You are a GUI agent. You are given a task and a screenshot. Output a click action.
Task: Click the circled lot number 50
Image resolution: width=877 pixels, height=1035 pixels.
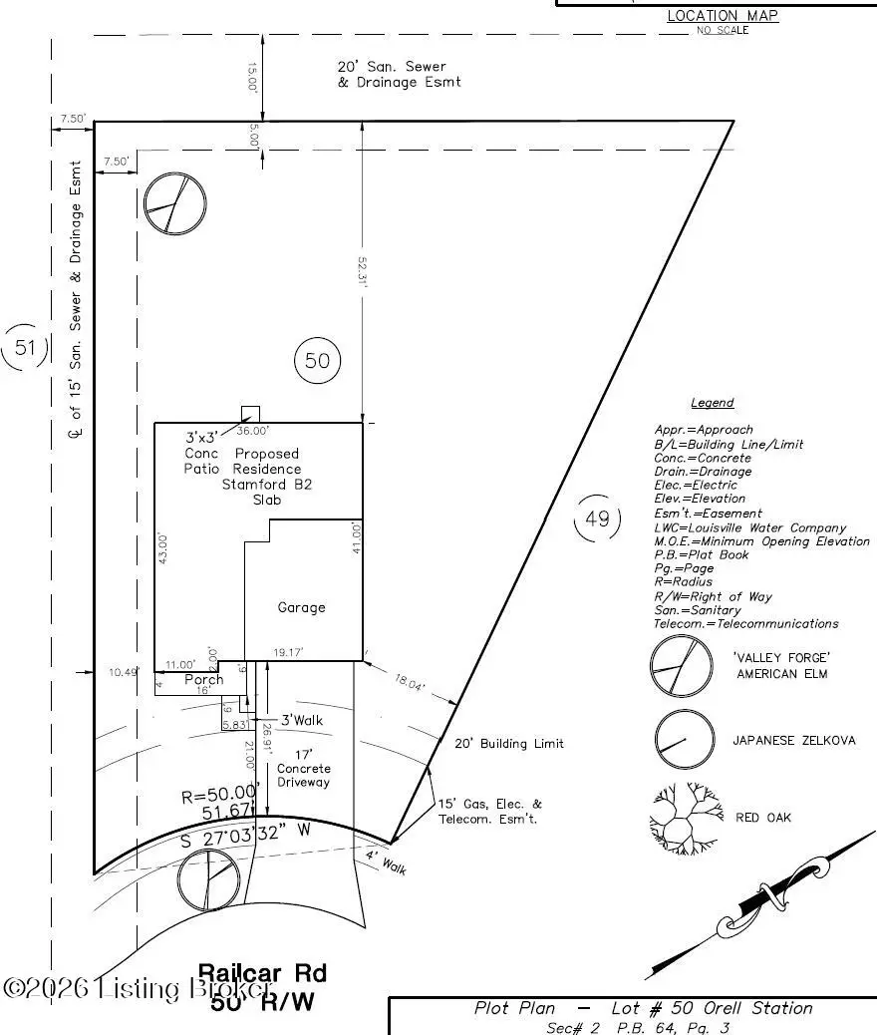pos(317,360)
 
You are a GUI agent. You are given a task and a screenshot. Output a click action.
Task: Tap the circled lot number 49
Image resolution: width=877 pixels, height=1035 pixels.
pos(597,518)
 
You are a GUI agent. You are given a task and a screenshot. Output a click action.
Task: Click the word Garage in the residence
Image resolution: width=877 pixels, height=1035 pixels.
pos(301,607)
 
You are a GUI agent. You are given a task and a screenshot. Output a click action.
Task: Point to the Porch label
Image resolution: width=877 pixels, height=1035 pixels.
pos(204,680)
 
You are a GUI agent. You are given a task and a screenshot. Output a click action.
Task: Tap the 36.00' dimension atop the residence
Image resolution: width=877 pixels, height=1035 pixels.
pos(252,431)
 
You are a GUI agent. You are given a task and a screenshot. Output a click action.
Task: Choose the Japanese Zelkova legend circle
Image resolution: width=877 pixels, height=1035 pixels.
pos(685,740)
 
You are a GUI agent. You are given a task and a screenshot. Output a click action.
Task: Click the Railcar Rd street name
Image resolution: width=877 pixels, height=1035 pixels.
pos(262,972)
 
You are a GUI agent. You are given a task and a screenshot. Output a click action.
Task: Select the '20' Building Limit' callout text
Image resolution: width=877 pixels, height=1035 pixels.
pos(508,744)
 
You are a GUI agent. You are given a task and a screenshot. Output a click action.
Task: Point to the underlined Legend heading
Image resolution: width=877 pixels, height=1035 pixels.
pos(712,403)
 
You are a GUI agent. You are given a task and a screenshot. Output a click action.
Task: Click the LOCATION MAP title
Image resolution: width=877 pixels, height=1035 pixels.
pos(722,15)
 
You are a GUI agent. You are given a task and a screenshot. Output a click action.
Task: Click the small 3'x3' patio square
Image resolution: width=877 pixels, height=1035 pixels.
pos(251,415)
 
